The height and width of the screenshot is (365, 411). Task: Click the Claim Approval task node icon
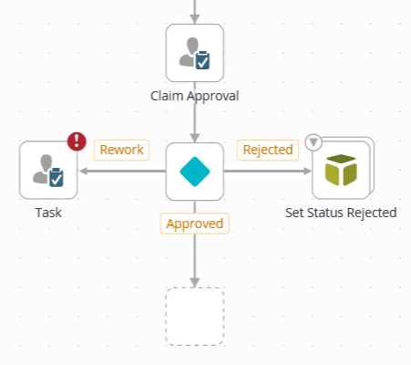click(x=194, y=53)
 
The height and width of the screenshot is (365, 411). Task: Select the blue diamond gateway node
click(x=194, y=171)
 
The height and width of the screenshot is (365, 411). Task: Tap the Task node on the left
click(x=48, y=170)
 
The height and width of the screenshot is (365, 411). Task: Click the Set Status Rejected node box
click(x=340, y=171)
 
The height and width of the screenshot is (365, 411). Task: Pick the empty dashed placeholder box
click(x=194, y=316)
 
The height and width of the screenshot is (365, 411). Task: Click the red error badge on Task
click(x=77, y=141)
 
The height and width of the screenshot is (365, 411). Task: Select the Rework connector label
click(x=121, y=150)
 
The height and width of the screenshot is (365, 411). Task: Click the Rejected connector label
click(x=267, y=150)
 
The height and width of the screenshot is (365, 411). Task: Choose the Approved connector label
click(x=194, y=223)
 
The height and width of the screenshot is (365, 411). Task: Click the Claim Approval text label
click(x=194, y=94)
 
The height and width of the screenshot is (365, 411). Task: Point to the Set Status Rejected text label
click(x=341, y=213)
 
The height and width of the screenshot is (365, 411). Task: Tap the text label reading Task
click(x=48, y=213)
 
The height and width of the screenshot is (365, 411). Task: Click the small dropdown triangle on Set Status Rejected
click(x=314, y=142)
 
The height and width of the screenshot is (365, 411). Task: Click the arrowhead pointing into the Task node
click(x=83, y=171)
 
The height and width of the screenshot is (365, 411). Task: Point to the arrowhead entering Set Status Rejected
click(x=306, y=171)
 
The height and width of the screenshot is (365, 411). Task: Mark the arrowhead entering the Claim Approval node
click(x=194, y=19)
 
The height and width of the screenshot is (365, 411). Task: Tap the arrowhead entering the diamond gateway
click(x=194, y=137)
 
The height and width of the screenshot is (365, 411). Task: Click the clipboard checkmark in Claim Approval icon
click(x=203, y=61)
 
